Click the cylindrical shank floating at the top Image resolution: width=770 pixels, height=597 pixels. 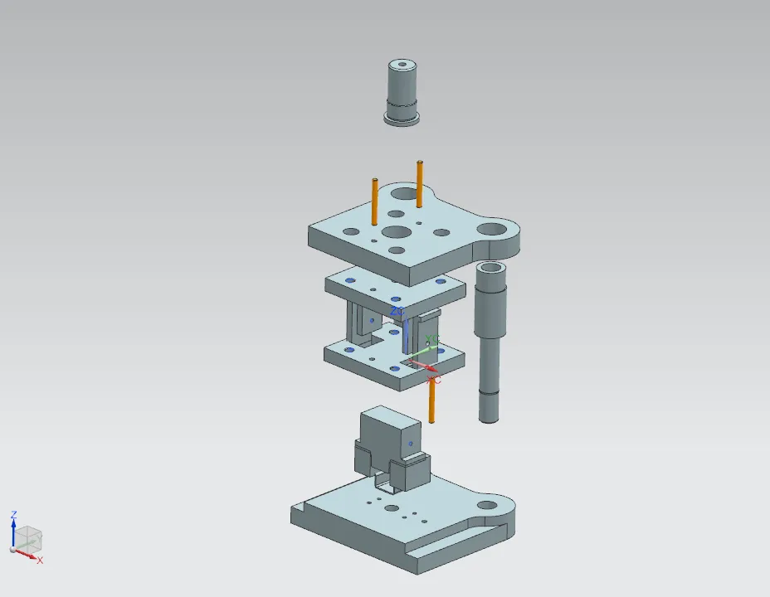point(402,87)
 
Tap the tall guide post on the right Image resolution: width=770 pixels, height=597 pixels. point(490,348)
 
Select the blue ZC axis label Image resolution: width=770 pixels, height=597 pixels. point(397,311)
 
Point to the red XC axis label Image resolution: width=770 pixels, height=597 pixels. point(434,380)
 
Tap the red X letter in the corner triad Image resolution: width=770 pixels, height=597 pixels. point(39,561)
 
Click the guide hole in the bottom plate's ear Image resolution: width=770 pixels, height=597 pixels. point(487,503)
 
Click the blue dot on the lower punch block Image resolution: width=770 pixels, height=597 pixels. point(409,444)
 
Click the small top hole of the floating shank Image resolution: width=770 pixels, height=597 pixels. point(402,63)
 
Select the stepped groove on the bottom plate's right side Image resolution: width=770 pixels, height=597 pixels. point(465,539)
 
